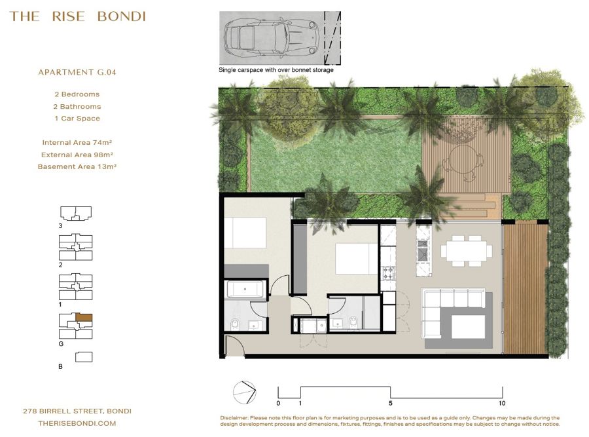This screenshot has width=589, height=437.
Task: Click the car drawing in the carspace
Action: click(272, 37)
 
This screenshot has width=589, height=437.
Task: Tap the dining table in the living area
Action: click(466, 251)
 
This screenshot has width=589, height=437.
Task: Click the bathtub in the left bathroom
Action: click(245, 290)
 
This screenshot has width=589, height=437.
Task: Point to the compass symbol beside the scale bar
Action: click(244, 392)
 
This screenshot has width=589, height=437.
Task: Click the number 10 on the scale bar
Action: click(502, 403)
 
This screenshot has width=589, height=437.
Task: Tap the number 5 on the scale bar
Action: click(390, 403)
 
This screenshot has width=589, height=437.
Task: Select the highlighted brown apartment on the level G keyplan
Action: click(84, 317)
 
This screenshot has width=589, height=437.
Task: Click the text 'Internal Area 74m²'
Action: click(77, 143)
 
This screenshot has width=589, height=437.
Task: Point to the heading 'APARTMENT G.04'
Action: click(77, 72)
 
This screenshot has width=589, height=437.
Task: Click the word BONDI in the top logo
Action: click(121, 16)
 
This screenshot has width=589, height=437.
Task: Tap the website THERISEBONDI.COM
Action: click(77, 423)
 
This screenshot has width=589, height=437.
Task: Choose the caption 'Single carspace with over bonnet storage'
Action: click(276, 70)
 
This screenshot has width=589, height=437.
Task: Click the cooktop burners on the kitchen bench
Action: click(388, 273)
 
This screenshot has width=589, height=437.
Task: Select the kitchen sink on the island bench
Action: click(423, 250)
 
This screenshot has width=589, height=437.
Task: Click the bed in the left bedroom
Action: click(245, 233)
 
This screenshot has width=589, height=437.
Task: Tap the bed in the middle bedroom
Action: click(357, 259)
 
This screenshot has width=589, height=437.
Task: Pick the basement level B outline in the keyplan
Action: click(84, 357)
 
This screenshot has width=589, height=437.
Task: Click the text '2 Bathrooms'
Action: click(77, 106)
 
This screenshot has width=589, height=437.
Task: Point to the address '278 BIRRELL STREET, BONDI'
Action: click(77, 411)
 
